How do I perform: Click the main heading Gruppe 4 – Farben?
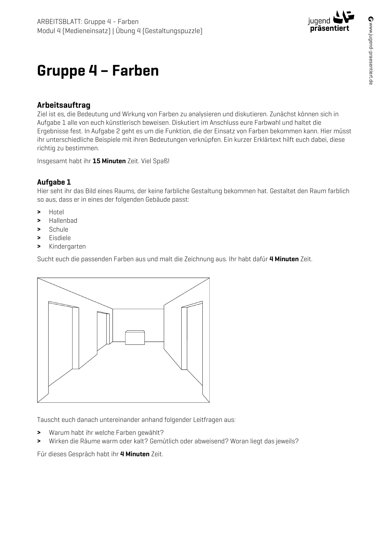click(x=98, y=70)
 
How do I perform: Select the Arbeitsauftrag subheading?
click(x=64, y=105)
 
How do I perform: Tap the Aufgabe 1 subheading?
click(x=54, y=182)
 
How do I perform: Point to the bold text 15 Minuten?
click(x=109, y=161)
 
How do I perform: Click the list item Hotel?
click(x=56, y=212)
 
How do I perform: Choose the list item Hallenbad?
click(x=63, y=221)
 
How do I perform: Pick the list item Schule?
click(x=59, y=229)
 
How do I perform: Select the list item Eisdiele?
click(x=60, y=238)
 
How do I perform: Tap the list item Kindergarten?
click(x=67, y=246)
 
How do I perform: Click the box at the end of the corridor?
click(x=135, y=337)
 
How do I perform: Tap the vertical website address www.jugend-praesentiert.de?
click(x=371, y=50)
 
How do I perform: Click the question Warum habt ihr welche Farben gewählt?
click(x=106, y=433)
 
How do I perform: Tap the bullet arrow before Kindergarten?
click(x=39, y=246)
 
